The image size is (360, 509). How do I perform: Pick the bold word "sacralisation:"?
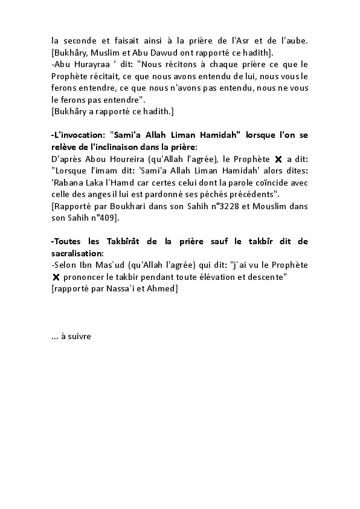[78, 253]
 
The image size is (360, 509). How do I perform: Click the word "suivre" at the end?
[79, 336]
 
